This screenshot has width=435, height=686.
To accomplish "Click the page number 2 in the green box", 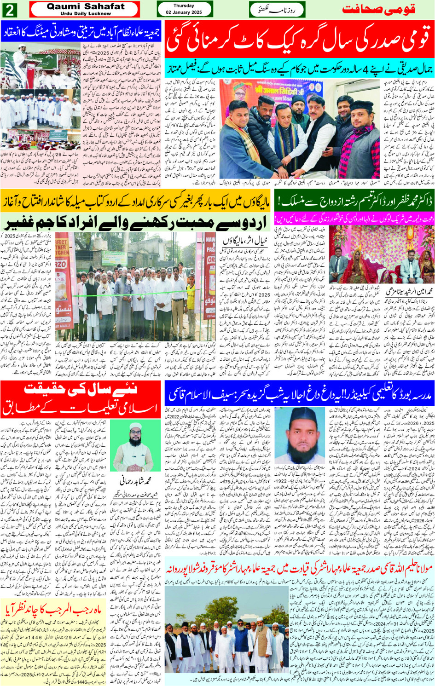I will pos(10,10).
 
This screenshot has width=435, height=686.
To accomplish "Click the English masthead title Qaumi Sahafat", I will pos(86,6).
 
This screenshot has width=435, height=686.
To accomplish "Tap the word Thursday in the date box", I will pos(184,6).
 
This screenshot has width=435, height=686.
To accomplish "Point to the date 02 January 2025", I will pos(184,12).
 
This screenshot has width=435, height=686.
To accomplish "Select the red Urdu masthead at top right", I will pos(378,9).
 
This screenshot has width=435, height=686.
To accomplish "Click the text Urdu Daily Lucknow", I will pos(86,14).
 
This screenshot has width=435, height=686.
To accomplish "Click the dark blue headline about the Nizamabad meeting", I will pos(81,32).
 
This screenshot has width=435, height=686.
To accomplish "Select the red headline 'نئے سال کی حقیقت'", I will pos(81,389).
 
